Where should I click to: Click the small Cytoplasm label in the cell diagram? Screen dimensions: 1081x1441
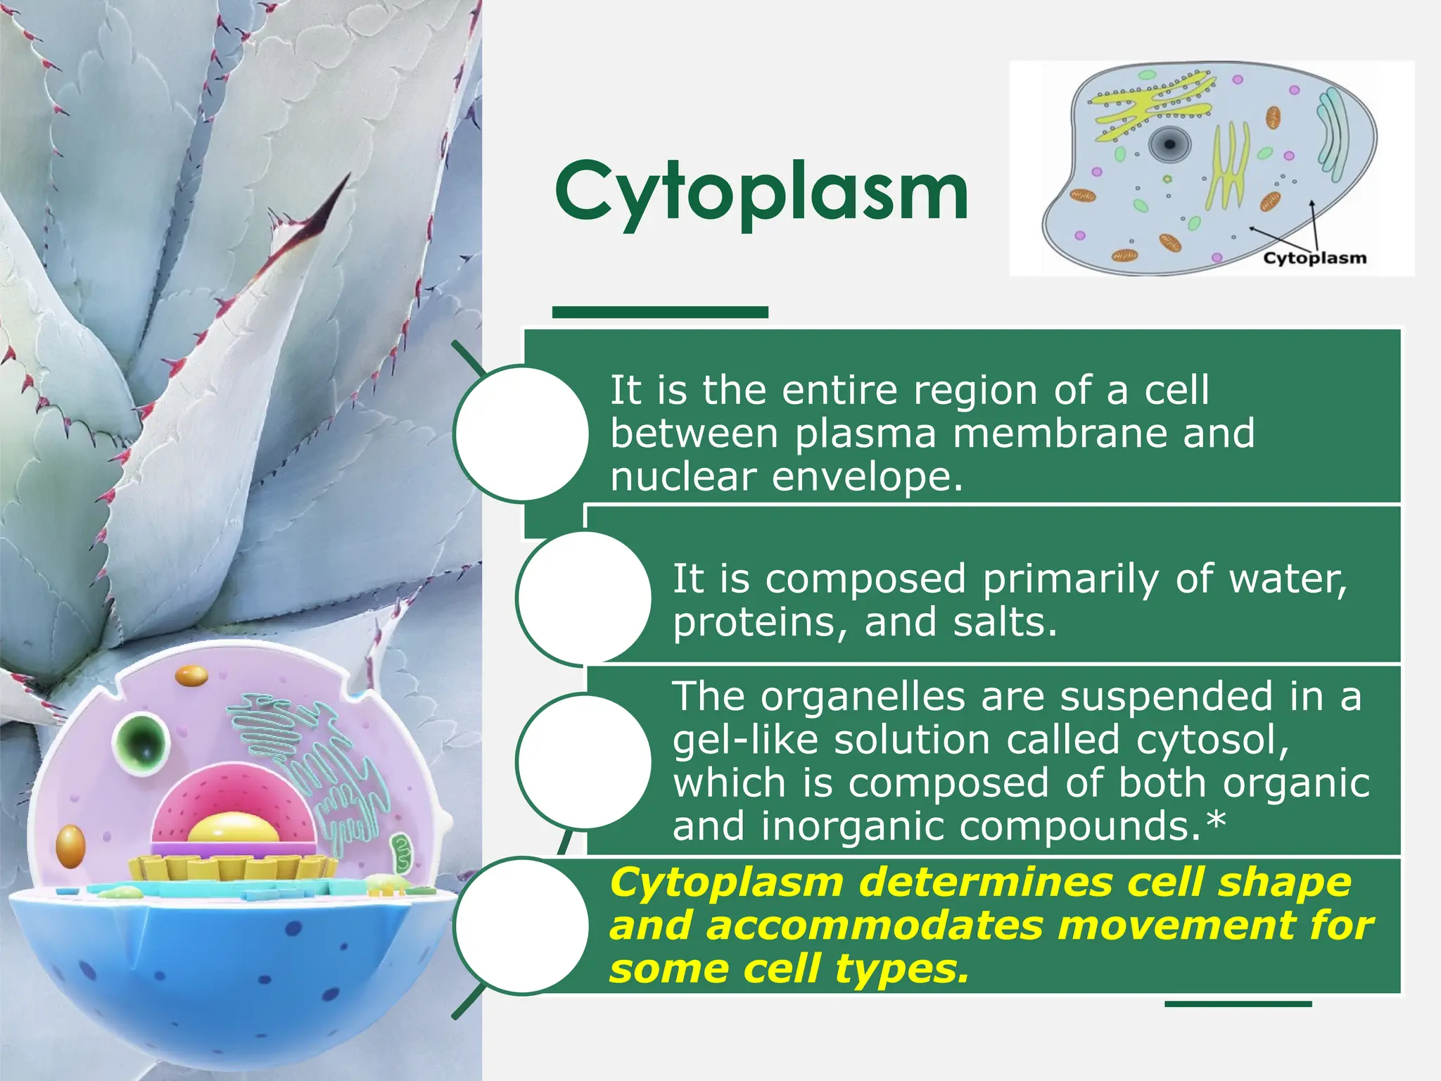[x=1314, y=258]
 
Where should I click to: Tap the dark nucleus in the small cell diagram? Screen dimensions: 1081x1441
[x=1169, y=145]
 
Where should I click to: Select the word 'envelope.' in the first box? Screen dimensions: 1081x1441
[x=867, y=476]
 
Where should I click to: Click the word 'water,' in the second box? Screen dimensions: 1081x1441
[x=1288, y=579]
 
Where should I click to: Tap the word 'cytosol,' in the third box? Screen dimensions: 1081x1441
[x=1212, y=740]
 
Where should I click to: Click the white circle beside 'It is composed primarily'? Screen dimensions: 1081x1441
[x=583, y=598]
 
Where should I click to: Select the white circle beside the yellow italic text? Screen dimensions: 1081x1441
[x=521, y=925]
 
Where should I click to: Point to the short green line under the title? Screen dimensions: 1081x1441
[x=659, y=312]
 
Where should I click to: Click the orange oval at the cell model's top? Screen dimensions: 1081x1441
[x=191, y=676]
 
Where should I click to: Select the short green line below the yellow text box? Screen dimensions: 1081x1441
[x=1238, y=1004]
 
